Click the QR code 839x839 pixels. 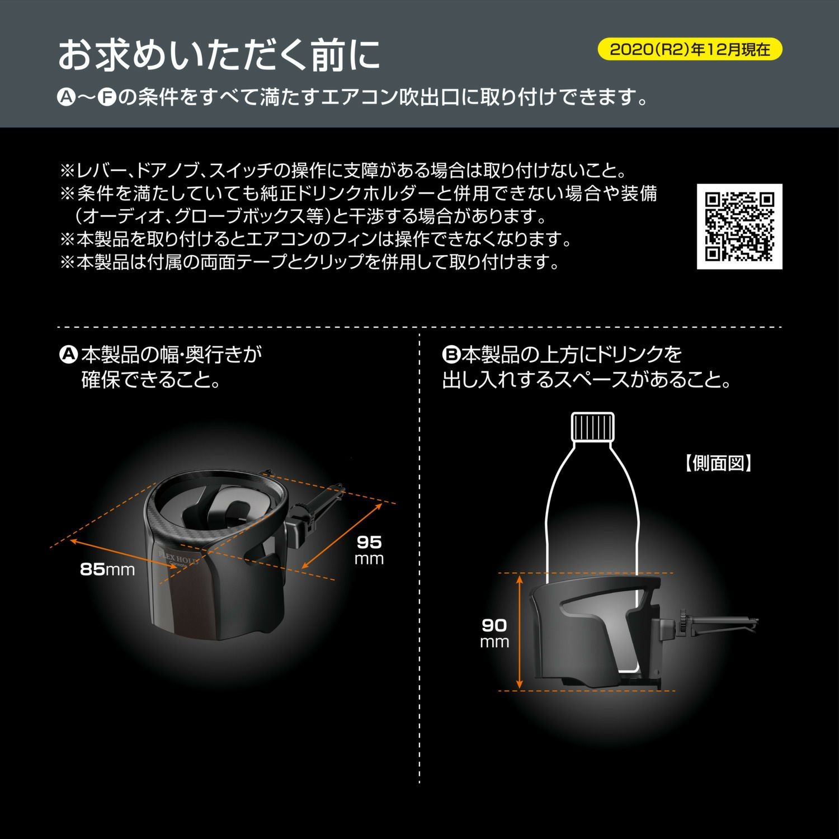[739, 226]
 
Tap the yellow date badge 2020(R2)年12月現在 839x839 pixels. [690, 49]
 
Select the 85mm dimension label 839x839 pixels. [107, 569]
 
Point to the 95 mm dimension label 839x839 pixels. [369, 549]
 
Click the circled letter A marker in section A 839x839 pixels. [68, 354]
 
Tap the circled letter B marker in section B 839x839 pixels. [450, 354]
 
